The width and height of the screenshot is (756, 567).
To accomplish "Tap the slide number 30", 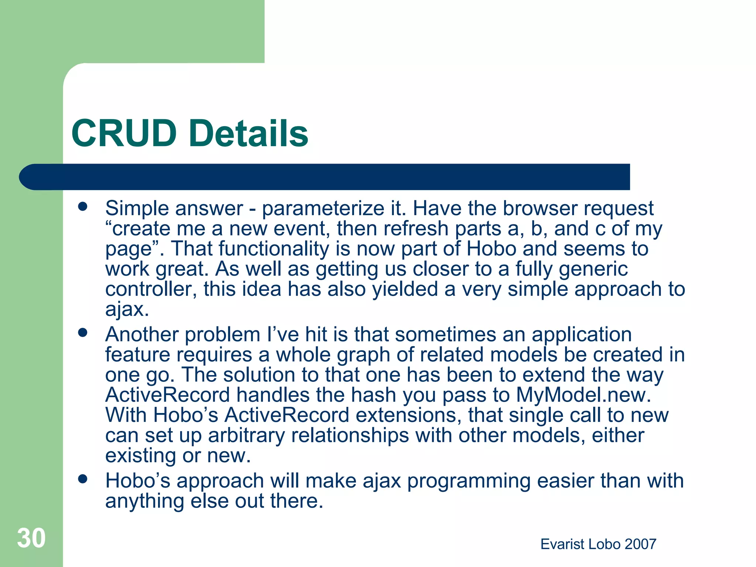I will point(31,538).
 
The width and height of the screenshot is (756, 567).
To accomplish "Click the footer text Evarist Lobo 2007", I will point(598,544).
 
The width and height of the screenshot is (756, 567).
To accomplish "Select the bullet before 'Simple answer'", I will point(83,207).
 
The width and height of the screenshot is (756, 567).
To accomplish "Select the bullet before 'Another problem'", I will point(83,333).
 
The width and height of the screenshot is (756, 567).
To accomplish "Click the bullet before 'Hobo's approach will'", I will point(83,479).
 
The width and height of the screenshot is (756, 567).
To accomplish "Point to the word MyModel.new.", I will point(583,395).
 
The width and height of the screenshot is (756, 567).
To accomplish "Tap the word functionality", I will point(274,249).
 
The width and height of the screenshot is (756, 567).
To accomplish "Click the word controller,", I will point(151,289).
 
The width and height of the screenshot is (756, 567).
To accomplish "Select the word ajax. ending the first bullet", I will point(127,310).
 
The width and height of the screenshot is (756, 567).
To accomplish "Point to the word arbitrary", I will point(246,436).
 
